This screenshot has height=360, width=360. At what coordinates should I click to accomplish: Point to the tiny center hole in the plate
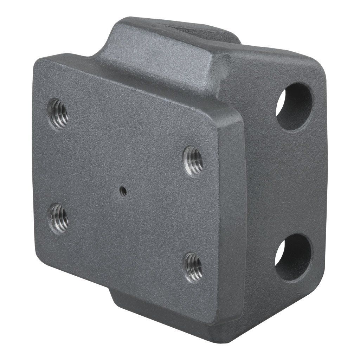(x=123, y=191)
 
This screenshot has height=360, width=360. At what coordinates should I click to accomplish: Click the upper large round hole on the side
(x=294, y=107)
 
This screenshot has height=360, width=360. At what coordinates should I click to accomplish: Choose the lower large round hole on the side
(x=294, y=257)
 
